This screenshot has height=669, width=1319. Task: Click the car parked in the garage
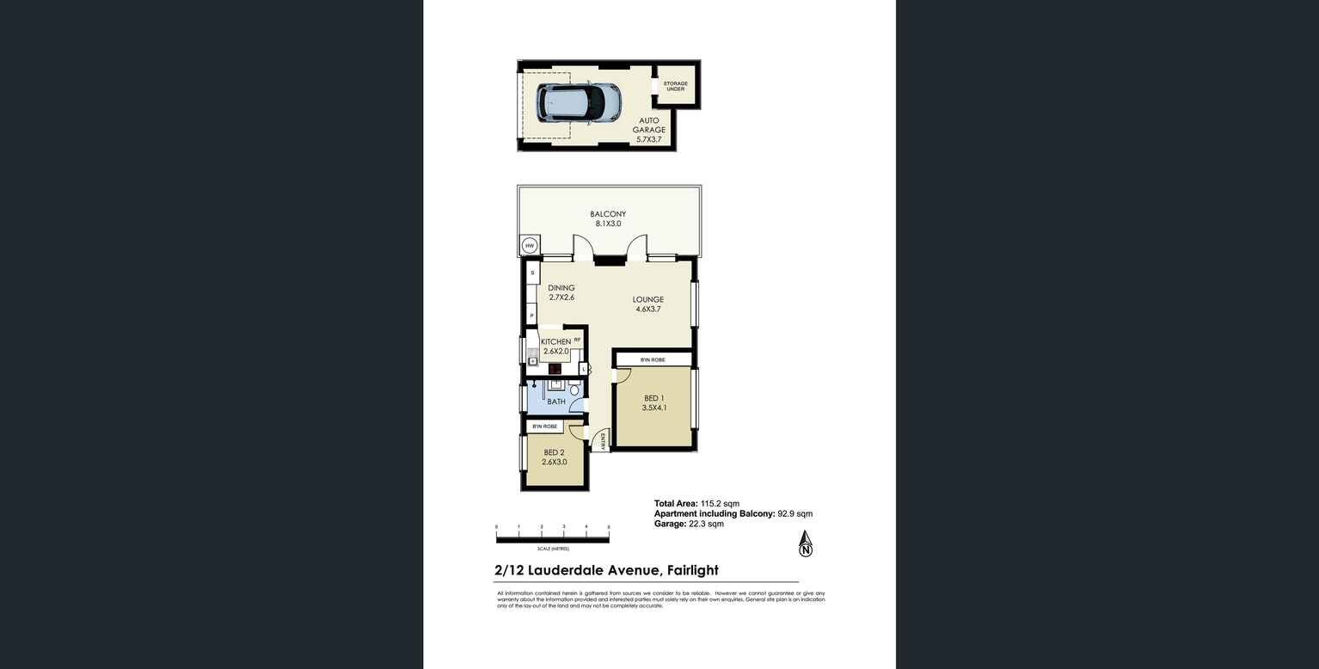click(579, 102)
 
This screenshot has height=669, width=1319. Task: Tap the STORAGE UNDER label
click(675, 86)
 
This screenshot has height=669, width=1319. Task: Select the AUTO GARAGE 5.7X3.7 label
click(649, 130)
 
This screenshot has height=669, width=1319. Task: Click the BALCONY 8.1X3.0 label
click(608, 219)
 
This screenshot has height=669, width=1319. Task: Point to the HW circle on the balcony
click(531, 246)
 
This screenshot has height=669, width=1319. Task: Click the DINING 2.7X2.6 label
click(561, 292)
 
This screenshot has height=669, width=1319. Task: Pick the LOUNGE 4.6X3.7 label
click(648, 304)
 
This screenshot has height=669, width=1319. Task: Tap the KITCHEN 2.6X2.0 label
click(555, 346)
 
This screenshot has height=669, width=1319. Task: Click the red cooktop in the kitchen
click(555, 369)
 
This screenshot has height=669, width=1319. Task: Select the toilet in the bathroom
click(574, 390)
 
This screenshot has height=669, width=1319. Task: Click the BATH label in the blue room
click(556, 402)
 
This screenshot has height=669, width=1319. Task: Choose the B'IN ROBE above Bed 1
click(653, 359)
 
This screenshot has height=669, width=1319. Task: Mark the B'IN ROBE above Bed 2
click(544, 427)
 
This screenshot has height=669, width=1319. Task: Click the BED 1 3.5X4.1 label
click(653, 403)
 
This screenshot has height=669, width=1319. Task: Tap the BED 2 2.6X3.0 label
click(555, 457)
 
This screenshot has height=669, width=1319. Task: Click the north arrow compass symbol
click(806, 543)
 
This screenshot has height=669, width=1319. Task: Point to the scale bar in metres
click(552, 539)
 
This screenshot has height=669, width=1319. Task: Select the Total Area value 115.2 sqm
click(720, 504)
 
